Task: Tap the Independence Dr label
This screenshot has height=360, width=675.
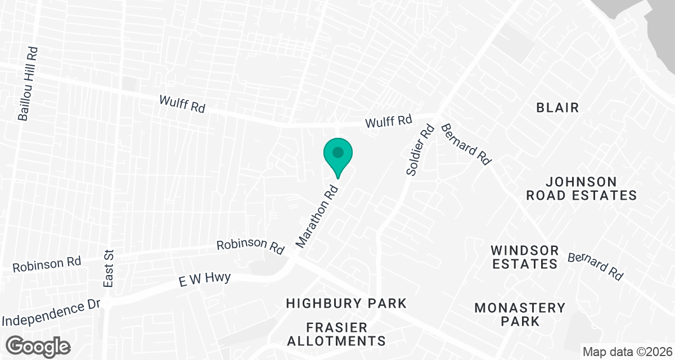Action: coord(51,313)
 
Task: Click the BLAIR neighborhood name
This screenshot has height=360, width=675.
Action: coord(557,107)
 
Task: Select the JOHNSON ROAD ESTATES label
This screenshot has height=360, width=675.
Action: coord(590,188)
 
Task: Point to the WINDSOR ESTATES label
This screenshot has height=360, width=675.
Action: coord(524,256)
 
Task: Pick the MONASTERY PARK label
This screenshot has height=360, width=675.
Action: coord(520,314)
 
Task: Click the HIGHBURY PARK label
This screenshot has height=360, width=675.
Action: coord(346,303)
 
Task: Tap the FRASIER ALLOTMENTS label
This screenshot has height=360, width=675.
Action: coord(346,334)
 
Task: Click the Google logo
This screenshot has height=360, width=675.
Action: coord(39,346)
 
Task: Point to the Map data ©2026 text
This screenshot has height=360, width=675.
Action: coord(627,352)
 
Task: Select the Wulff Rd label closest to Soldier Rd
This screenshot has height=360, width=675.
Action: coord(389,121)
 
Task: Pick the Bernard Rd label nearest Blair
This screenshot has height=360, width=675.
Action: coord(466,143)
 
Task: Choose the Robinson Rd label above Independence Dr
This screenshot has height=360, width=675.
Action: coord(47,263)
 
